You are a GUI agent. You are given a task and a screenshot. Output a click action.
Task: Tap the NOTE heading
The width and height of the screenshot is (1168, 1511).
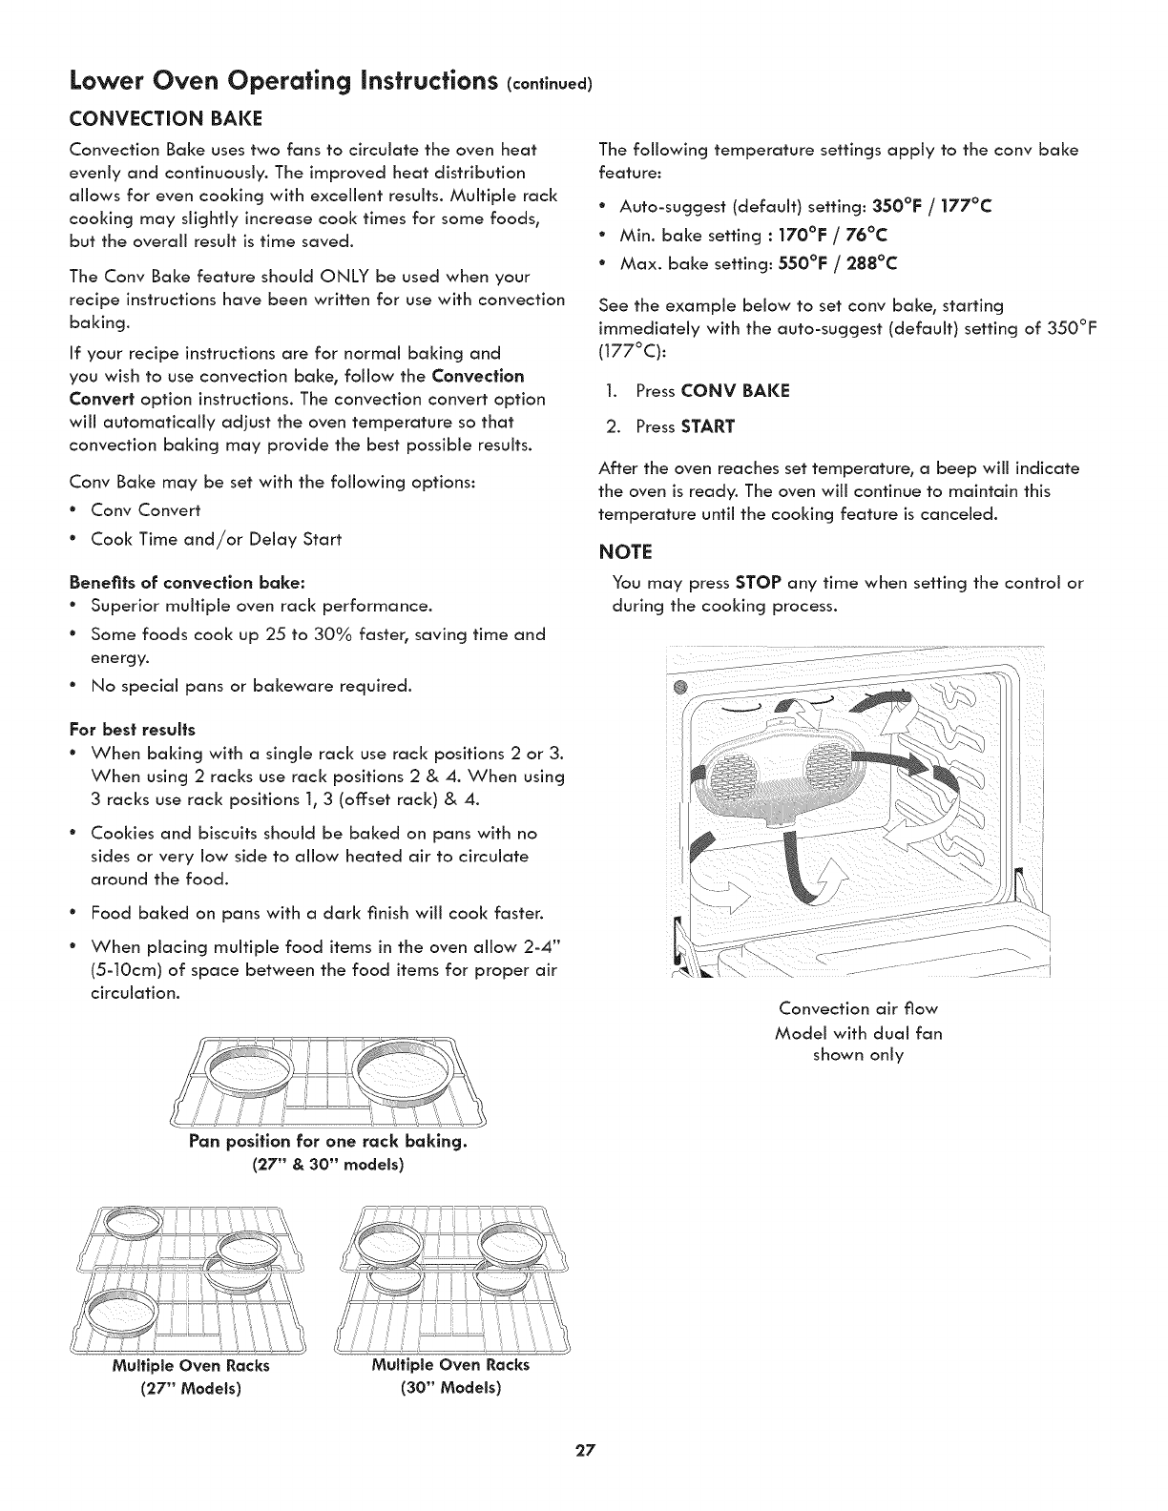(x=624, y=551)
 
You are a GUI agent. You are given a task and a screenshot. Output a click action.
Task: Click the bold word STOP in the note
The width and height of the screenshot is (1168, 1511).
(x=758, y=583)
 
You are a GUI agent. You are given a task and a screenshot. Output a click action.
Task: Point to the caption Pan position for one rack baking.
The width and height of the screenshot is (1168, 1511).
(x=326, y=1142)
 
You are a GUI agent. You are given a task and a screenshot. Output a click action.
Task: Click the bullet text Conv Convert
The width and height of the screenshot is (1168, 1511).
(x=145, y=510)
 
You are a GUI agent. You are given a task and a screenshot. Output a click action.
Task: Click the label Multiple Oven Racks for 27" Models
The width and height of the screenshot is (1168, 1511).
(x=190, y=1365)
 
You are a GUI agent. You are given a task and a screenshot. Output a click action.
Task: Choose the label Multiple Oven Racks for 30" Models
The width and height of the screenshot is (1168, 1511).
(x=449, y=1365)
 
